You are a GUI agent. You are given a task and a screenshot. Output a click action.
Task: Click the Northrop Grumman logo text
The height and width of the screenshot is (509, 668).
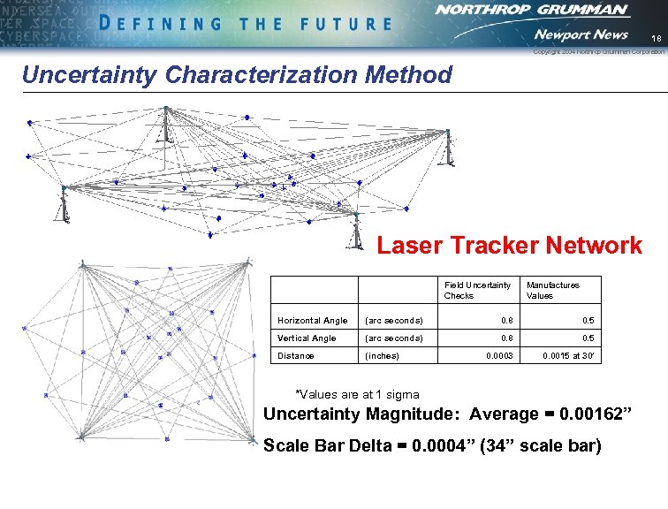click(532, 11)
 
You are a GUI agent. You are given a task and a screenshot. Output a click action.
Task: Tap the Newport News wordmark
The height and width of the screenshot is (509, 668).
click(581, 34)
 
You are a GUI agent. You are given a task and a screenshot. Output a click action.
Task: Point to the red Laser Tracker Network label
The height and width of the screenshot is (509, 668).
click(510, 246)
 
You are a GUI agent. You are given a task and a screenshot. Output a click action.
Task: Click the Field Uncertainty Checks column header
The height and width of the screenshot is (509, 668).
click(477, 290)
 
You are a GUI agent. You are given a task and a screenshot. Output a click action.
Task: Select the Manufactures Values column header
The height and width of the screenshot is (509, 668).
click(553, 290)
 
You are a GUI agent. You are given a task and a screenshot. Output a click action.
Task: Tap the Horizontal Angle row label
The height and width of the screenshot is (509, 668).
click(313, 320)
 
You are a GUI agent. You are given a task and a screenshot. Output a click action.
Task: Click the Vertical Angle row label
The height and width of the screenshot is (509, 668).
click(307, 338)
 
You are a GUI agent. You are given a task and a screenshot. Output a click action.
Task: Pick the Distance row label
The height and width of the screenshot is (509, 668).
click(295, 356)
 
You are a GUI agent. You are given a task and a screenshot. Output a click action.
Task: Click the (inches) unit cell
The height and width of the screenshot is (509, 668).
click(382, 356)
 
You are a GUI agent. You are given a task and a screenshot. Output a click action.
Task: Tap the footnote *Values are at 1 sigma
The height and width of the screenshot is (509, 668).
click(356, 394)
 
